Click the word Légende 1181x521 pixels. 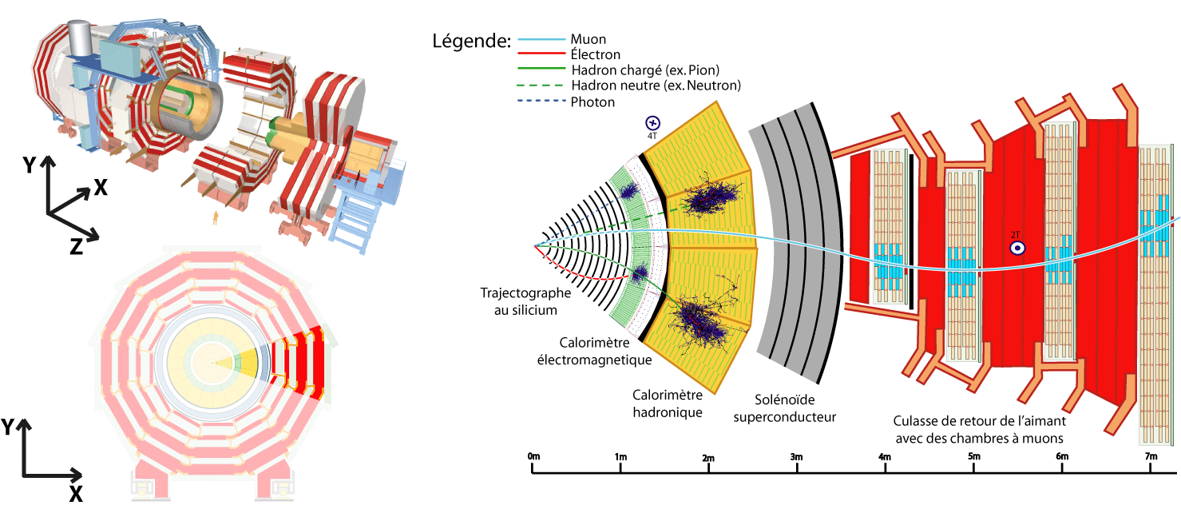(471, 42)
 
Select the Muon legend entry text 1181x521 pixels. (589, 39)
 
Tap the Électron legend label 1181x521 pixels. (595, 54)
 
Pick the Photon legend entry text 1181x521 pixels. (592, 101)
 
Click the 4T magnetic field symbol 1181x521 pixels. (652, 123)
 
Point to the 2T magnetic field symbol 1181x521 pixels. (1017, 248)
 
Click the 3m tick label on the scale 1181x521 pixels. (796, 456)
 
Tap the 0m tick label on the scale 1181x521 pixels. (533, 456)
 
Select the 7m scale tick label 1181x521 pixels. (1151, 456)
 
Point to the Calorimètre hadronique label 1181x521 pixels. (668, 404)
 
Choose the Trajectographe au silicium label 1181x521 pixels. (525, 301)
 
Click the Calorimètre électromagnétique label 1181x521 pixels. (594, 351)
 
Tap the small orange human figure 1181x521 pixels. (215, 218)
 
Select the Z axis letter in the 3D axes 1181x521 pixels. (77, 246)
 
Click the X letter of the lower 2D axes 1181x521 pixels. (76, 494)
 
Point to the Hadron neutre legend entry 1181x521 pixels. (656, 86)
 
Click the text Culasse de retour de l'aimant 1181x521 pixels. (979, 421)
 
